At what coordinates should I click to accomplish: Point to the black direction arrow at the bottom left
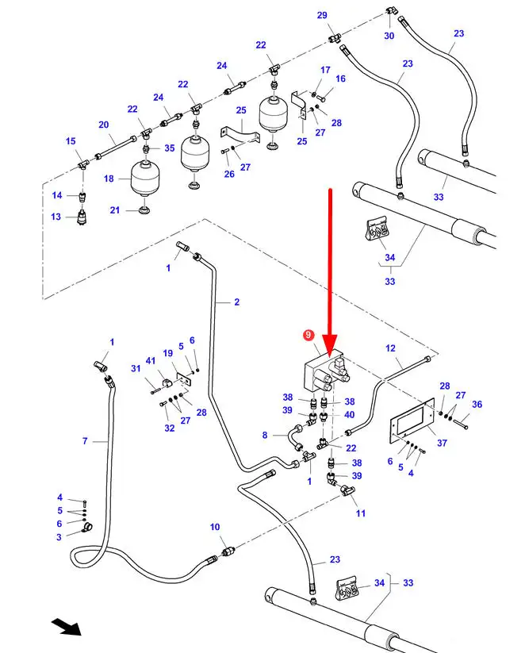pyautogui.click(x=67, y=626)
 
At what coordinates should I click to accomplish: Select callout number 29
pyautogui.click(x=322, y=16)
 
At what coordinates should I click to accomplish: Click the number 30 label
pyautogui.click(x=389, y=36)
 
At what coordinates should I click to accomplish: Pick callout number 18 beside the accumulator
pyautogui.click(x=109, y=179)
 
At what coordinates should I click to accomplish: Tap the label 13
pyautogui.click(x=56, y=217)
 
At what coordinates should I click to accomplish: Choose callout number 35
pyautogui.click(x=170, y=148)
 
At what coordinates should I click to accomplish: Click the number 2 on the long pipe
pyautogui.click(x=236, y=302)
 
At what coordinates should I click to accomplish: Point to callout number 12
pyautogui.click(x=390, y=348)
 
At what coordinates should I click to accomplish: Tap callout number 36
pyautogui.click(x=477, y=405)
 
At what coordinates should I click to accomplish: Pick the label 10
pyautogui.click(x=214, y=528)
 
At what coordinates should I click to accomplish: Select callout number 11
pyautogui.click(x=362, y=513)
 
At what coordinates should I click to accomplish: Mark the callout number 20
pyautogui.click(x=103, y=125)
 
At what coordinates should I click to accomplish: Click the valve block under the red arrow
pyautogui.click(x=323, y=374)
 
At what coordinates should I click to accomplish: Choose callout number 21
pyautogui.click(x=114, y=209)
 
